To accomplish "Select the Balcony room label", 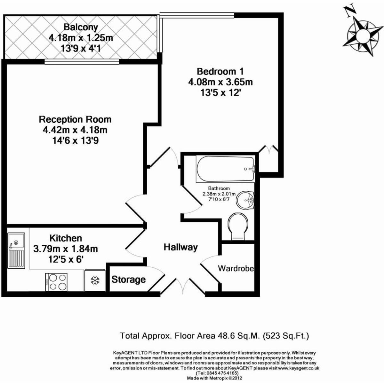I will pyautogui.click(x=81, y=27).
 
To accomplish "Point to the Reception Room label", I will pyautogui.click(x=75, y=119).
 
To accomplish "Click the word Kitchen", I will pyautogui.click(x=66, y=238).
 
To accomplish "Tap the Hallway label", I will pyautogui.click(x=180, y=247).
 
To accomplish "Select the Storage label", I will pyautogui.click(x=128, y=280).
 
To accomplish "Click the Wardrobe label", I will pyautogui.click(x=236, y=269).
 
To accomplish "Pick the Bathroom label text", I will pyautogui.click(x=219, y=188).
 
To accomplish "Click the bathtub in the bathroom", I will pyautogui.click(x=225, y=169).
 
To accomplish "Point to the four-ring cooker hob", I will pyautogui.click(x=56, y=282).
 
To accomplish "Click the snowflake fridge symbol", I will pyautogui.click(x=95, y=281).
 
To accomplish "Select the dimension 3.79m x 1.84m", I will pyautogui.click(x=66, y=249).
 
